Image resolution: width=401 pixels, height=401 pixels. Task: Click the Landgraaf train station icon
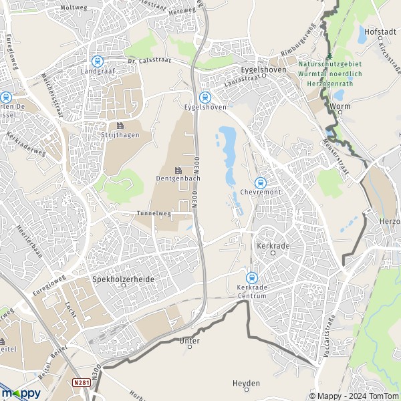pos(98,60)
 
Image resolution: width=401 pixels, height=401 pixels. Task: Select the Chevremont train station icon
pos(261,183)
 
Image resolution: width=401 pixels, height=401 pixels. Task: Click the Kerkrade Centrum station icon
pos(252,277)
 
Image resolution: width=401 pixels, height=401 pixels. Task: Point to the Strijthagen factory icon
pos(120,126)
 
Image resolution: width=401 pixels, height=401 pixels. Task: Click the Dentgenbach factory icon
pos(178,170)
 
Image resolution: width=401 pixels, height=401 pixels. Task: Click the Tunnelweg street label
pos(154,214)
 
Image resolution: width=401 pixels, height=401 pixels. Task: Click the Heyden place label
pos(245,384)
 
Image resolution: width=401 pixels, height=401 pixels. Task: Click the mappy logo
pos(21,394)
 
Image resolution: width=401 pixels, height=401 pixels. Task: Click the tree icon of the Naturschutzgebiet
pos(330,55)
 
